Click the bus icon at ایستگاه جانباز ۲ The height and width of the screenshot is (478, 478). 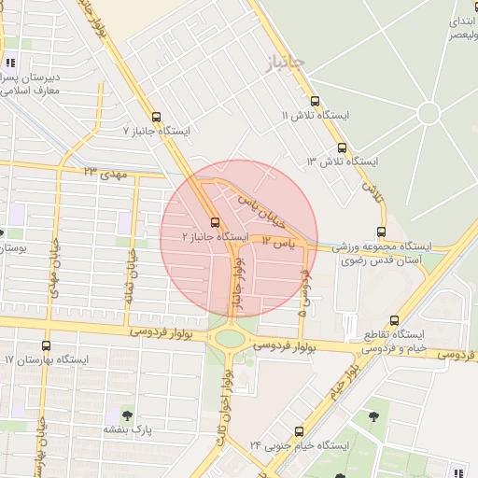pos(216,222)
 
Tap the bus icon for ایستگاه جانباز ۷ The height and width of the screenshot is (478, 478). pos(156,119)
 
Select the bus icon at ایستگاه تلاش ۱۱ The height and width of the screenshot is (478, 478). pos(314,101)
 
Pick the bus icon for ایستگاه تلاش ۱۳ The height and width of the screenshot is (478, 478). pos(341,148)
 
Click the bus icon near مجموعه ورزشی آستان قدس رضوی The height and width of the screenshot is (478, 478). pos(381,232)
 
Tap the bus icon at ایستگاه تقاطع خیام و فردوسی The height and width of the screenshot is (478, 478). pos(395,319)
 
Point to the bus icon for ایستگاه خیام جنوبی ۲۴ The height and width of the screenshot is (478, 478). pos(299,431)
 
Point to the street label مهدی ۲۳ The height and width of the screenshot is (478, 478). pos(104,172)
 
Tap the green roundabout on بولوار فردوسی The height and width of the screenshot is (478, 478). pos(228,338)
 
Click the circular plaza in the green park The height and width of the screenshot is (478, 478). pos(429,114)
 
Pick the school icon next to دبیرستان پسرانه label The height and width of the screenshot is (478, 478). pos(10,64)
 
